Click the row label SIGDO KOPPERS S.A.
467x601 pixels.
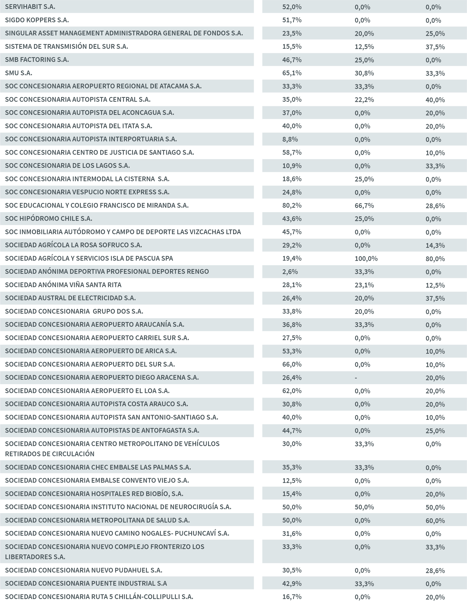(x=37, y=20)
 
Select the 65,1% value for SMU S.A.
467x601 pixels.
(x=292, y=73)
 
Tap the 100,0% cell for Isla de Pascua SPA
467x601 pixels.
(x=366, y=259)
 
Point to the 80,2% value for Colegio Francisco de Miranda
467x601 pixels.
(x=292, y=205)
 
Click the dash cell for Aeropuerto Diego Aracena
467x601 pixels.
(x=356, y=378)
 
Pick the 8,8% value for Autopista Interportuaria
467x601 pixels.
(x=290, y=140)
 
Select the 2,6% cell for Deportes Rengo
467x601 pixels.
(x=290, y=272)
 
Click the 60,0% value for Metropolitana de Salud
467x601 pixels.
(x=435, y=521)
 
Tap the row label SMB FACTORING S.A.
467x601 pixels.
(x=37, y=60)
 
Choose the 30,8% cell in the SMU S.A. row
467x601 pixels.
(x=364, y=73)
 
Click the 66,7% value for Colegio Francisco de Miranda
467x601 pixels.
(x=364, y=205)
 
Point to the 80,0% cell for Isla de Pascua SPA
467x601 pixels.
(x=435, y=259)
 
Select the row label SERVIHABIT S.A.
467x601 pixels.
(x=30, y=7)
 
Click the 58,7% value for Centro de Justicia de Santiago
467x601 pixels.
(x=292, y=153)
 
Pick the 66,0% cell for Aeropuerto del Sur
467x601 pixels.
(x=292, y=365)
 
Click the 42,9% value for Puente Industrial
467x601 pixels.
(x=292, y=583)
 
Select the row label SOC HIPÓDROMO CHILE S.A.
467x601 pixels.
(x=49, y=219)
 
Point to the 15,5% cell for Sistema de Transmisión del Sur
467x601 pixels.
(x=292, y=47)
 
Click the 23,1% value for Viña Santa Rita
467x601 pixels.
(x=364, y=285)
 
